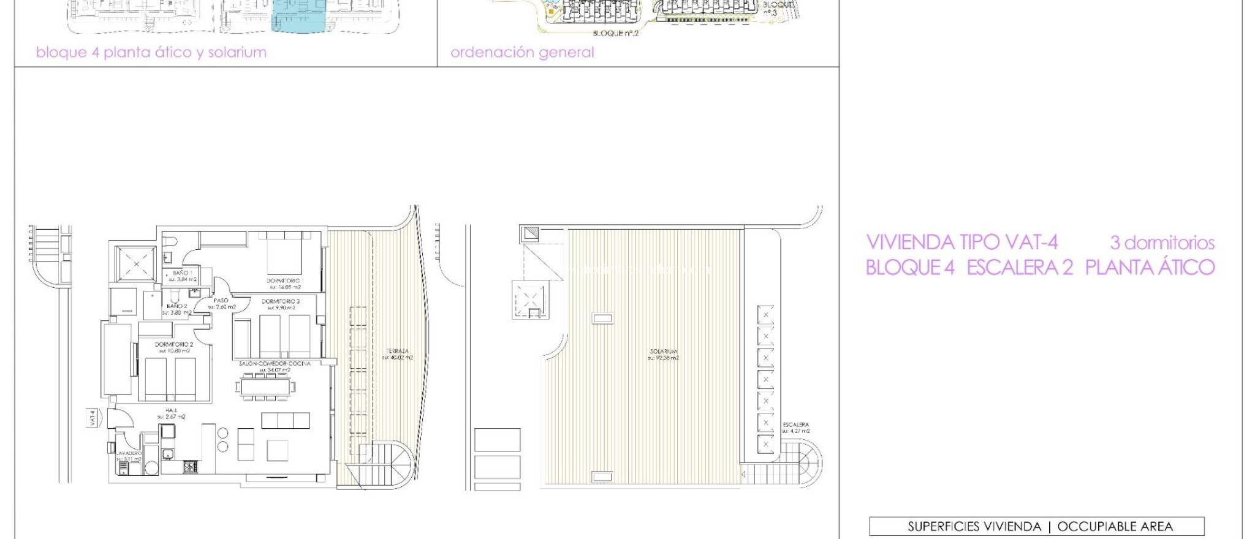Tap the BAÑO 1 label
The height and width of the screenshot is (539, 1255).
pos(182,273)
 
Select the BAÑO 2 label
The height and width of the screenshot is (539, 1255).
pos(177,306)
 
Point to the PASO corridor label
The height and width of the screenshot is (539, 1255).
pos(221,301)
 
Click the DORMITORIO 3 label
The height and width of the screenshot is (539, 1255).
pos(281,301)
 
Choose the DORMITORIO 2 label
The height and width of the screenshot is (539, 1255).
pos(174,345)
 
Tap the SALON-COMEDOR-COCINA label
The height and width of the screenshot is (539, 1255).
pos(275,364)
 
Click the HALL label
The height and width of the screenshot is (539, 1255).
pos(171,410)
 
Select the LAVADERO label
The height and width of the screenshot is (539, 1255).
pos(129,453)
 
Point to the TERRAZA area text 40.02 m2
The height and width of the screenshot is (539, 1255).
pos(398,358)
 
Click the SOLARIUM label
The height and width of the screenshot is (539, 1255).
pos(663,352)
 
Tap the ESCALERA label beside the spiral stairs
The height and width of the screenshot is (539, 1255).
pos(796,424)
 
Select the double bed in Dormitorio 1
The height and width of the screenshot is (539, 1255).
pos(284,254)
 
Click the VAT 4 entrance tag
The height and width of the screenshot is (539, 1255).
pos(93,418)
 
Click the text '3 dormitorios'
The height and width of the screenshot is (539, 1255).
pos(1162,243)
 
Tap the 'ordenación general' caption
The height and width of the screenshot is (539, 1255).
pos(522,53)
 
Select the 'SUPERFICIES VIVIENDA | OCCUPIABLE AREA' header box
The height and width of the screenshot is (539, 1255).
pos(1036,526)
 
